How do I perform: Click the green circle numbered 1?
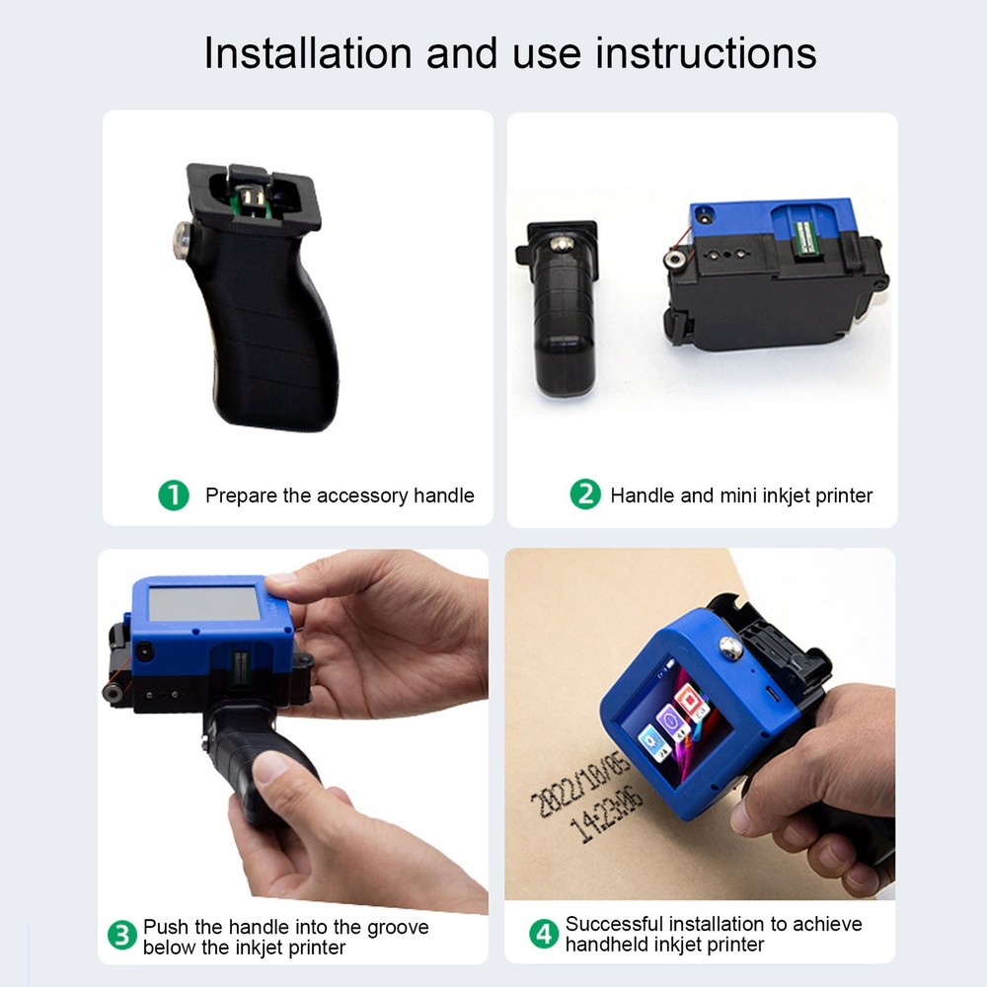pyautogui.click(x=174, y=495)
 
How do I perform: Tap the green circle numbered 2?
pyautogui.click(x=585, y=494)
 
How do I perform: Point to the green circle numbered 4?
pyautogui.click(x=544, y=934)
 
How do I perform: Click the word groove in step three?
pyautogui.click(x=395, y=927)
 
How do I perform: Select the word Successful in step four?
pyautogui.click(x=615, y=924)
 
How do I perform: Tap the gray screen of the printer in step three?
pyautogui.click(x=204, y=603)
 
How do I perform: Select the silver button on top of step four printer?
pyautogui.click(x=731, y=648)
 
